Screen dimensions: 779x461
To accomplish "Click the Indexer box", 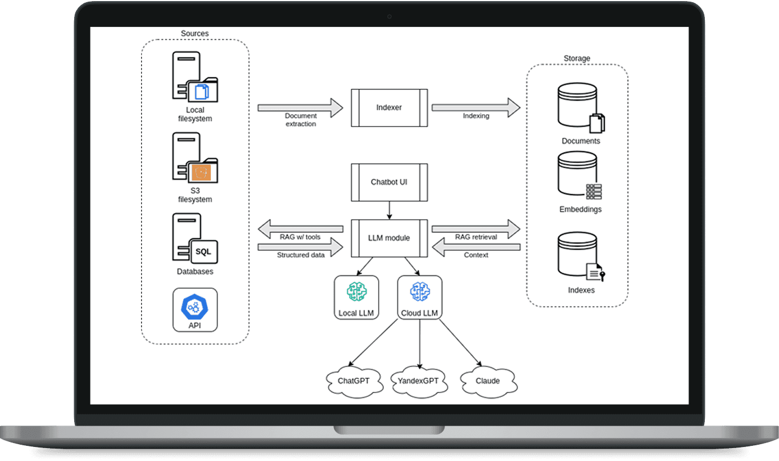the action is pos(389,108).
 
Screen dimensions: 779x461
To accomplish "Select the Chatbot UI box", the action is pos(389,182).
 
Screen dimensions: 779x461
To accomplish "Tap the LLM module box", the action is pos(389,238).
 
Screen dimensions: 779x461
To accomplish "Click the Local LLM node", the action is pos(356,297).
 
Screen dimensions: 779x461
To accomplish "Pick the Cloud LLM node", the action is pos(420,297).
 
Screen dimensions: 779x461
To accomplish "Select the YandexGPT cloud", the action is pos(419,381).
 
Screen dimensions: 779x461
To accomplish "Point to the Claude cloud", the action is pos(488,381).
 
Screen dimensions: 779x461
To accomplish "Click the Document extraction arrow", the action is pos(301,108).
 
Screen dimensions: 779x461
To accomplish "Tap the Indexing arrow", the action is pos(475,108).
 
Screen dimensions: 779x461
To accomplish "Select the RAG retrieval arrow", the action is pos(475,229).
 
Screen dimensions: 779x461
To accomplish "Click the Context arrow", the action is pos(475,247).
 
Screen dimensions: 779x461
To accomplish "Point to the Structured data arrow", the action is pos(301,247).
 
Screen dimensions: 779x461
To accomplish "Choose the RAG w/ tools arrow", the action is pos(301,229).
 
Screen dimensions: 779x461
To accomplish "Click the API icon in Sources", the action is pos(194,310).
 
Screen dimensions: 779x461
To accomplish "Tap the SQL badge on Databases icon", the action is pos(204,251).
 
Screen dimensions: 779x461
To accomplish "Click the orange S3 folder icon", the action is pos(201,172).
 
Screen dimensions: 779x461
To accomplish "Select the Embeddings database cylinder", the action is pos(577,173).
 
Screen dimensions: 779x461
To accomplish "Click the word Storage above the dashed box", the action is pos(577,58).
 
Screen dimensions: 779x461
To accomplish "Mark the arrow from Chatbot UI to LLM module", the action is pos(389,210).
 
